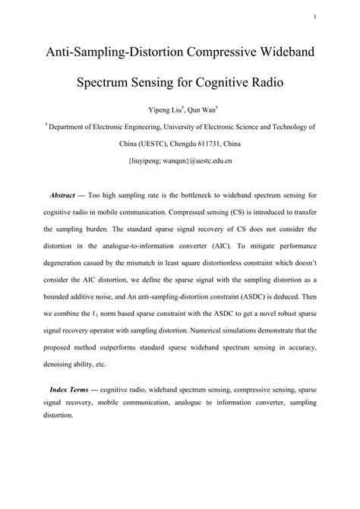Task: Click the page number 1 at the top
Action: pos(335,17)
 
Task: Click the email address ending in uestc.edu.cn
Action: pos(179,161)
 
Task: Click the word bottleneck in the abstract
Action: pos(199,194)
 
